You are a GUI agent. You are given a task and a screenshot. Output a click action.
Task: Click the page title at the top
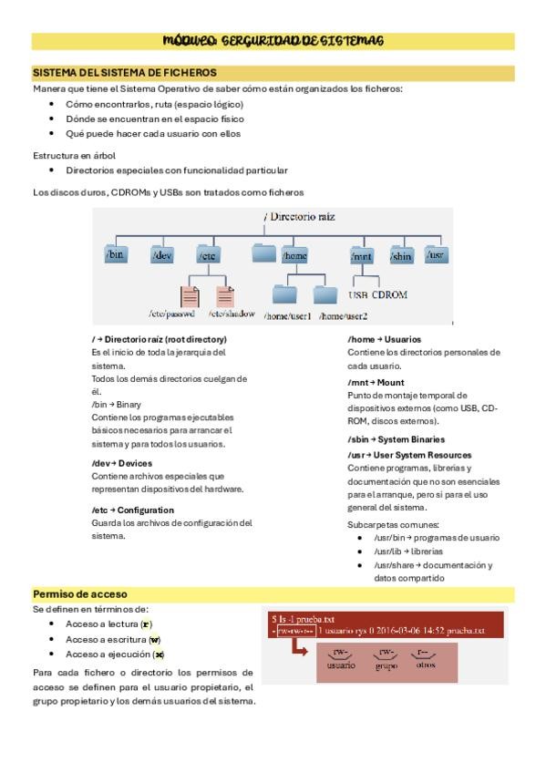(x=273, y=41)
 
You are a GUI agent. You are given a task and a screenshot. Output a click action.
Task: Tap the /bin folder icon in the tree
(x=115, y=254)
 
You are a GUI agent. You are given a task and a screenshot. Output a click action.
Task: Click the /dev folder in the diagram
(x=161, y=254)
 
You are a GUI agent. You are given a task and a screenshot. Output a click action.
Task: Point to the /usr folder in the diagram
(x=437, y=254)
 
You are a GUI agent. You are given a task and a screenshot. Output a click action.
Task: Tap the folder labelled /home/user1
(x=285, y=294)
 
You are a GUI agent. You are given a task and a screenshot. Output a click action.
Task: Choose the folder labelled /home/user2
(x=325, y=294)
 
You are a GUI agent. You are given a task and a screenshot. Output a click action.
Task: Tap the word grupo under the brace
(x=386, y=665)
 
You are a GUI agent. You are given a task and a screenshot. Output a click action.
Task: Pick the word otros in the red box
(x=425, y=665)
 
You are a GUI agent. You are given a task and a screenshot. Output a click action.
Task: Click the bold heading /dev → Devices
(x=122, y=462)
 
